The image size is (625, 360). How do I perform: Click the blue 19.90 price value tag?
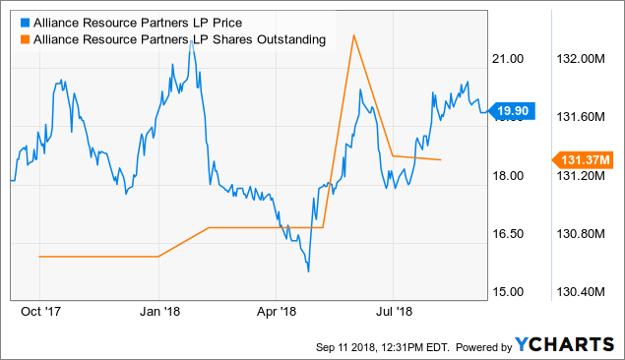[x=514, y=111]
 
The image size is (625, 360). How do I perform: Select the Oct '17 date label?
[x=39, y=312]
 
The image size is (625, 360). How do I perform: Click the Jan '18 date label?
[x=158, y=312]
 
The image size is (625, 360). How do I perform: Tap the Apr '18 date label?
[x=275, y=312]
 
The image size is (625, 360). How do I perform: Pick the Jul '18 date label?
[x=393, y=312]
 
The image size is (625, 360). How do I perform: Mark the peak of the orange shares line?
[x=352, y=35]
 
